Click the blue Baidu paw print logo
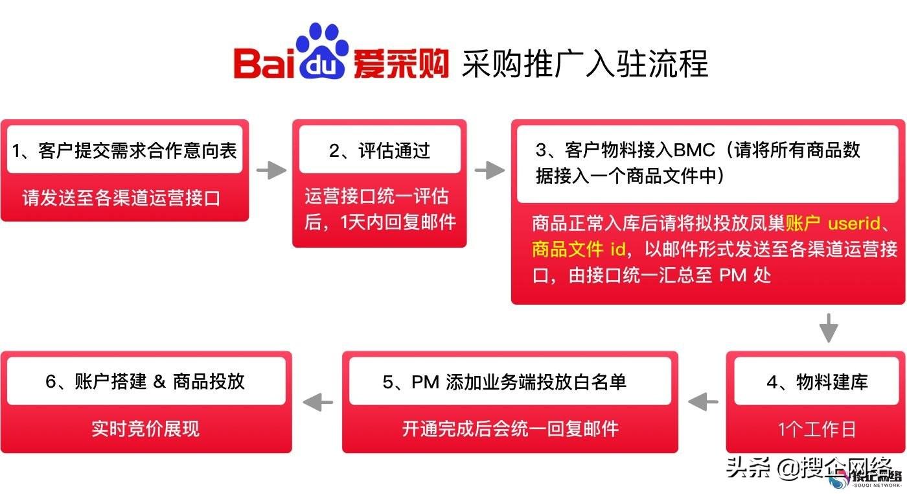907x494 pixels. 322,51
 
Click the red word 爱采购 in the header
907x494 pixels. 401,64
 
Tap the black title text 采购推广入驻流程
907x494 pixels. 584,64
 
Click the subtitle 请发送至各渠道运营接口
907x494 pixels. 121,198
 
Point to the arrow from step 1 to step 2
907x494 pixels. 271,170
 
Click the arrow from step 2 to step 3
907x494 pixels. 490,170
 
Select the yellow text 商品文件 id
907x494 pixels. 579,249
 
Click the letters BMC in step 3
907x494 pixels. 694,150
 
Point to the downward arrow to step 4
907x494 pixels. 829,328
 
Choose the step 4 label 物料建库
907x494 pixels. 832,382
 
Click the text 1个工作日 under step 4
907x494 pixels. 817,429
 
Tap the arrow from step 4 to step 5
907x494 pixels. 703,402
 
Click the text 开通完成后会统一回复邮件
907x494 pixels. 511,429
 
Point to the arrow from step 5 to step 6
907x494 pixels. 318,402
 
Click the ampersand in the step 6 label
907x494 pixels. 159,381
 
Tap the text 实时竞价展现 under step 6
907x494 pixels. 145,429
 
